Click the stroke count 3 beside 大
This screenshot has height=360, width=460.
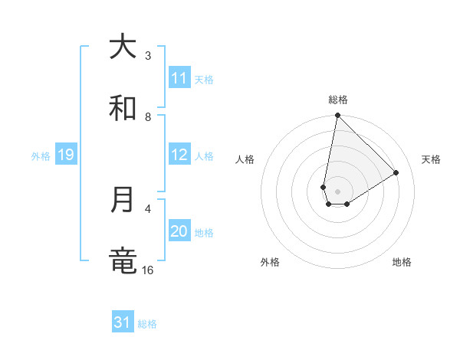pos(148,55)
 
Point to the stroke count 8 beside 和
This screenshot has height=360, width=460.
pos(148,116)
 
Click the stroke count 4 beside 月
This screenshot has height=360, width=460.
pos(148,208)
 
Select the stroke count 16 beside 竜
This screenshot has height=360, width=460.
pos(148,270)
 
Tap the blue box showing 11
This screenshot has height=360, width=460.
pos(179,78)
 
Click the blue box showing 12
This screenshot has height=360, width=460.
pos(179,155)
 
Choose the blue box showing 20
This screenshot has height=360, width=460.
pos(179,231)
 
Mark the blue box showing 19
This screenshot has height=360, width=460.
pos(66,155)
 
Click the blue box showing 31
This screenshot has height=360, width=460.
pos(123,323)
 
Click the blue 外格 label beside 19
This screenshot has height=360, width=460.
pos(41,155)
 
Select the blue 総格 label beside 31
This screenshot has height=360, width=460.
pos(147,324)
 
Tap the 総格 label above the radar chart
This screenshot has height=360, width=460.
pos(337,100)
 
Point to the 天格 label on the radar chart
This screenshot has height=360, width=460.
pos(431,159)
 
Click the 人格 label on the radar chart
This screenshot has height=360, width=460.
pos(245,159)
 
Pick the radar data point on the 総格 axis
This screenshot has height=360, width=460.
pos(337,116)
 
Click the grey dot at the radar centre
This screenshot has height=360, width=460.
pos(337,191)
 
